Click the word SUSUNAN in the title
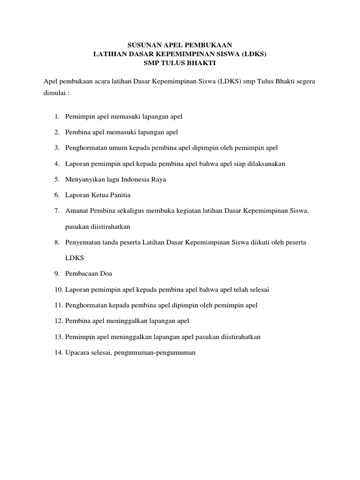coord(143,46)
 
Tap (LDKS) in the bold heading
coord(255,54)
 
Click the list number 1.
coord(56,116)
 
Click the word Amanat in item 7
coord(77,211)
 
